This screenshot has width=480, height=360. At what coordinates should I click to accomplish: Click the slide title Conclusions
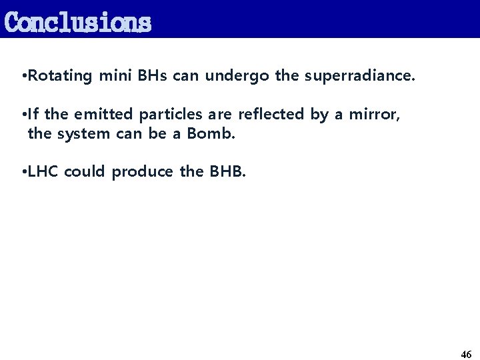pyautogui.click(x=77, y=22)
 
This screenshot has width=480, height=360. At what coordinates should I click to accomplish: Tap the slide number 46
pyautogui.click(x=466, y=354)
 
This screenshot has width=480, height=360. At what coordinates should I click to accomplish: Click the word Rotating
pyautogui.click(x=60, y=76)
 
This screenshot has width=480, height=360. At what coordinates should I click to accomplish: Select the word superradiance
pyautogui.click(x=359, y=76)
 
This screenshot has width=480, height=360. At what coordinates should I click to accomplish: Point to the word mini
pyautogui.click(x=115, y=76)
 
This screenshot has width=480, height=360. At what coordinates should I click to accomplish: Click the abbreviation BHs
pyautogui.click(x=153, y=76)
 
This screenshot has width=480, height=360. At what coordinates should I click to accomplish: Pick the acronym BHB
pyautogui.click(x=227, y=171)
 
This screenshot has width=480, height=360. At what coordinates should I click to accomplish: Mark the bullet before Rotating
pyautogui.click(x=24, y=77)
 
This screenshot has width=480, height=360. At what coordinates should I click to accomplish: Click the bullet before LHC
pyautogui.click(x=24, y=172)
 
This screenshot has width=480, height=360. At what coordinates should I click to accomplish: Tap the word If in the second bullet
pyautogui.click(x=33, y=114)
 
